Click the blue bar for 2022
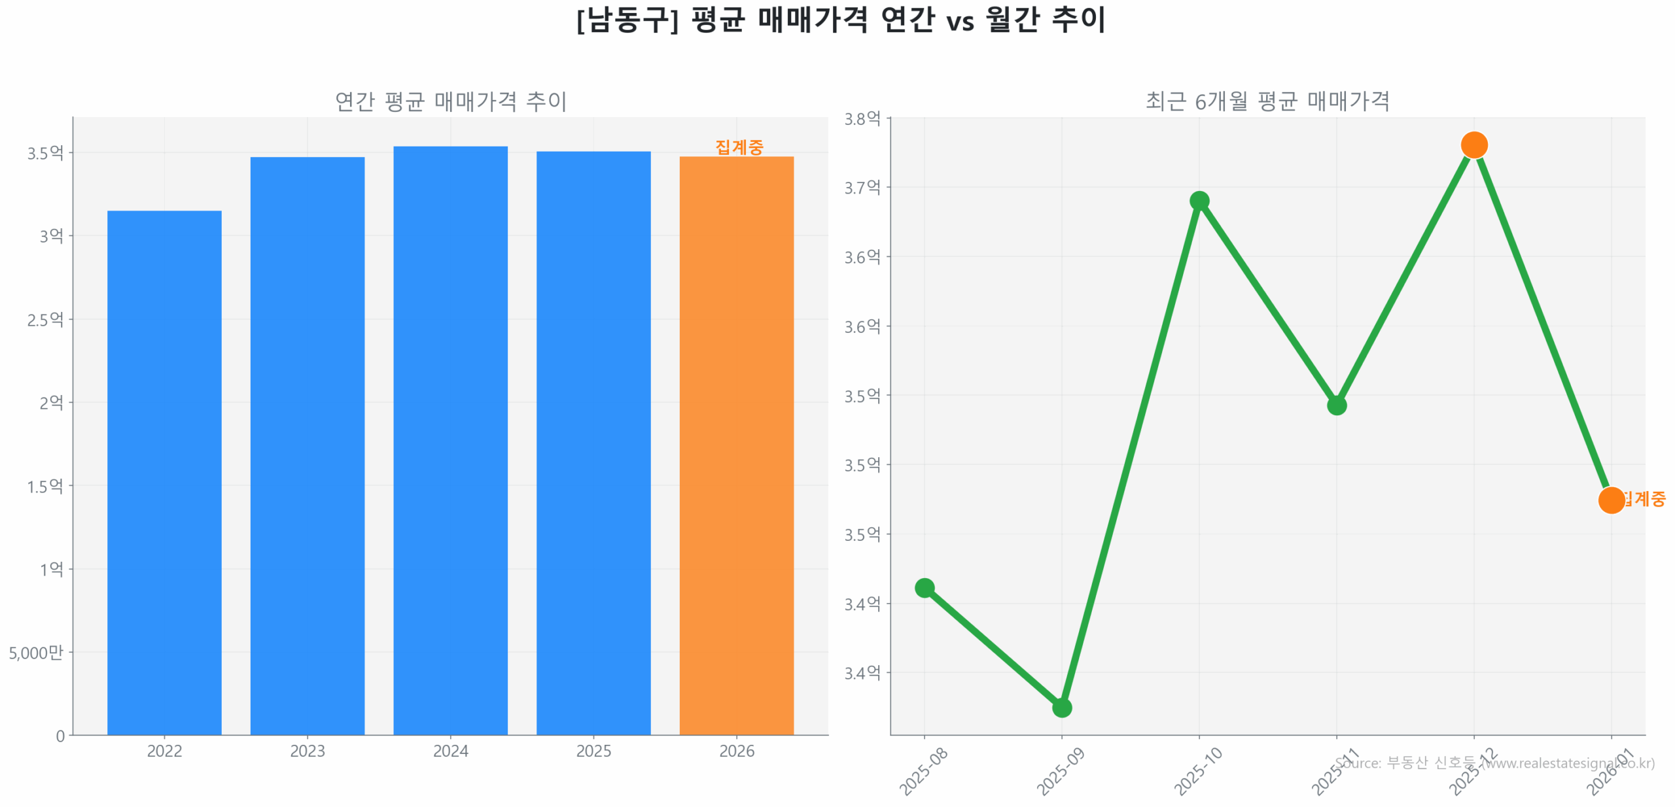click(164, 471)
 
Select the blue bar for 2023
click(307, 445)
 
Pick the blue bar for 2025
click(593, 442)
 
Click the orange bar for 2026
click(736, 445)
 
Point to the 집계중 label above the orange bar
click(739, 147)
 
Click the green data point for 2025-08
click(924, 587)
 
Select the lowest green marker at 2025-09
click(1061, 707)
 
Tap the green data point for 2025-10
click(1199, 200)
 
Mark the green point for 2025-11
click(1336, 405)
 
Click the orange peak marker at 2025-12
click(1473, 145)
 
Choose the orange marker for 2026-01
click(1611, 500)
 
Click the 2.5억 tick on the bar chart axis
click(45, 319)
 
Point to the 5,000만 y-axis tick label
click(36, 652)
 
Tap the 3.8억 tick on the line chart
click(862, 118)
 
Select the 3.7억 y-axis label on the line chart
click(862, 188)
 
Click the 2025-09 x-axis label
click(1060, 772)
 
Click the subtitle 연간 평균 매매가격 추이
click(450, 101)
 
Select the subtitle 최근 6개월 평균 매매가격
click(1267, 101)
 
